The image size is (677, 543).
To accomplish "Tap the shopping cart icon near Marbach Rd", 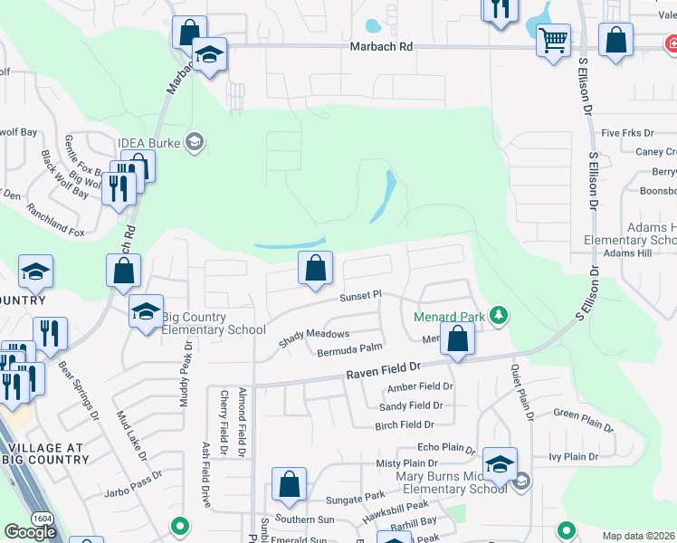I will pos(553,39).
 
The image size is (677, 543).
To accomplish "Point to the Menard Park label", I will pos(449,317).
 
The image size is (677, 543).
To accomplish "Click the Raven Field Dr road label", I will pos(385,371).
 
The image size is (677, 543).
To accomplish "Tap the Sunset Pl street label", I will pos(361,296).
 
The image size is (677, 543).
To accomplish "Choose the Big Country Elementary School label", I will pos(214,323).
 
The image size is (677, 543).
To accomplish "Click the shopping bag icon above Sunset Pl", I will pos(315,268).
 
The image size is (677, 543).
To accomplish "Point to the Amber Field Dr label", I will pos(419,386).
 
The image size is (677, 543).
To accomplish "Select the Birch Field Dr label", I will pos(405,424).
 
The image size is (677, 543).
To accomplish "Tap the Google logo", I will pos(30,531).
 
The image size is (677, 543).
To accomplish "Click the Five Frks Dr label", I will pos(623,132).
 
